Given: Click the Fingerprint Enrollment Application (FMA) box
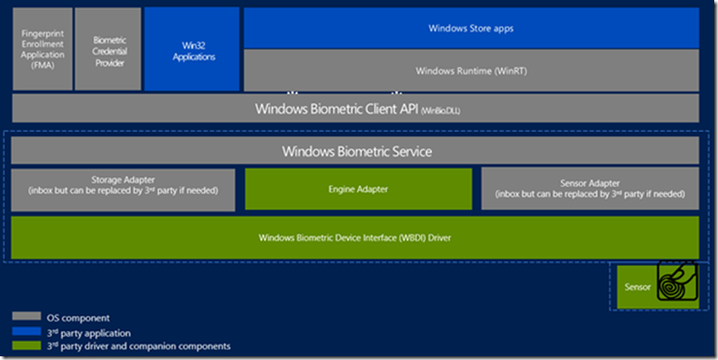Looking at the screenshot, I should pyautogui.click(x=42, y=49).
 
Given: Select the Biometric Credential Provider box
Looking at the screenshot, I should pyautogui.click(x=107, y=49).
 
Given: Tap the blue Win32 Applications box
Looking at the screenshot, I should pyautogui.click(x=191, y=49).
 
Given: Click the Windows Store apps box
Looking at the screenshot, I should pyautogui.click(x=471, y=28).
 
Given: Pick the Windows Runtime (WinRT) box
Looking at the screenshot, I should pyautogui.click(x=471, y=71).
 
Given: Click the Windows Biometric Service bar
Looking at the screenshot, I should pyautogui.click(x=356, y=151).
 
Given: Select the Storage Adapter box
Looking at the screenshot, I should pyautogui.click(x=123, y=189).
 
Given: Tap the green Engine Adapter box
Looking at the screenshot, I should pyautogui.click(x=359, y=189).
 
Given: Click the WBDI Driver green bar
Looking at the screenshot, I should pyautogui.click(x=356, y=236).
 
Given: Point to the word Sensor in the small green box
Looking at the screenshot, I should pyautogui.click(x=638, y=287).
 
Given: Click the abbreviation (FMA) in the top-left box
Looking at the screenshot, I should pyautogui.click(x=42, y=65).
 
